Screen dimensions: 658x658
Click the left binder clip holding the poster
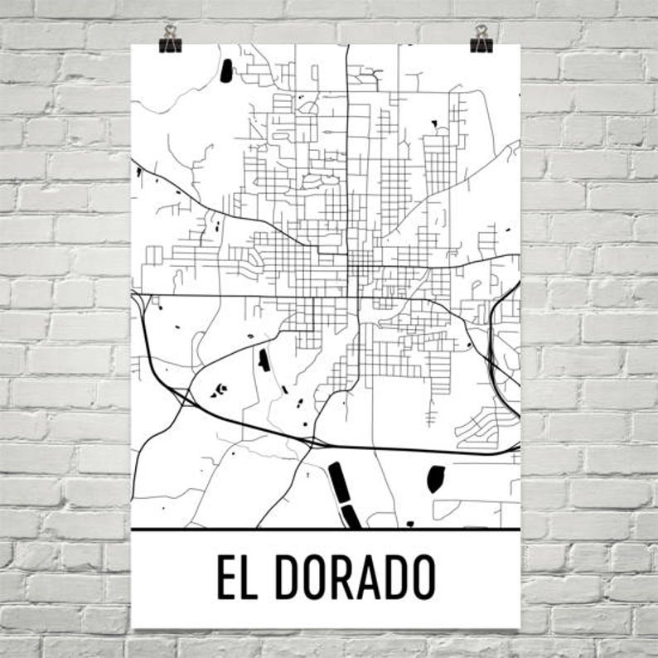point(171,39)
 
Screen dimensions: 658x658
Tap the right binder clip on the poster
point(481,39)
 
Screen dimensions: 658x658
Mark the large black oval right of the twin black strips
point(435,478)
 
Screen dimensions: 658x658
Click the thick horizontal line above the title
point(326,529)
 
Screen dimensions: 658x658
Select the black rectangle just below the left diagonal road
point(264,360)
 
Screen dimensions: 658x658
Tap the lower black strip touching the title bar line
point(351,517)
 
